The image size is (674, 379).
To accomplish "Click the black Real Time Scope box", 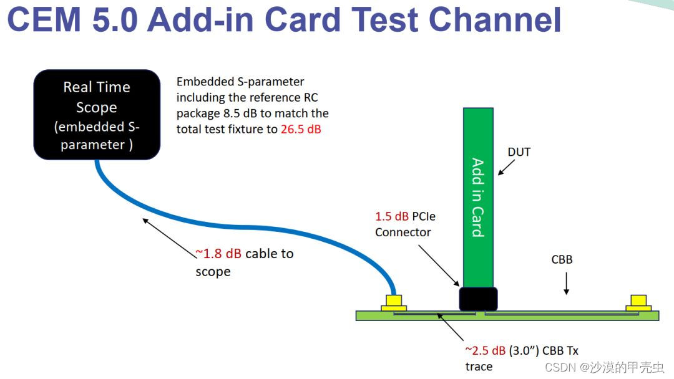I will (x=97, y=115).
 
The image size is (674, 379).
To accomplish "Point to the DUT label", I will (x=519, y=151).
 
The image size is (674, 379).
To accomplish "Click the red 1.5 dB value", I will (x=392, y=216).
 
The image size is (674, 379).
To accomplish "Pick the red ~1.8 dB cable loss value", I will (x=218, y=254).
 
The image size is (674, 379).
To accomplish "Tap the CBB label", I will (x=562, y=259).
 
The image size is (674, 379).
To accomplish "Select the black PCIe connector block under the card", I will (x=478, y=299).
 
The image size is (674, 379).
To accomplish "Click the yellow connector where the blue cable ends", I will (x=394, y=303).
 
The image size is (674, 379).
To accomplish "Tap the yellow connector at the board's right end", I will (x=639, y=303).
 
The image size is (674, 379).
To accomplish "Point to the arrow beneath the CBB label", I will (x=566, y=284).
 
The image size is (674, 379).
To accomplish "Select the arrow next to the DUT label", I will (x=506, y=166).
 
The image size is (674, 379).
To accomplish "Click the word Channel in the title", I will (x=492, y=20).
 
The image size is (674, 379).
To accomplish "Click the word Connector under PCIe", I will (x=403, y=232).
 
